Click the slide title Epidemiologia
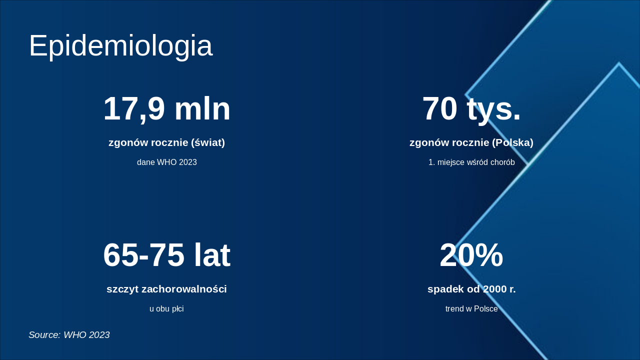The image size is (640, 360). (120, 46)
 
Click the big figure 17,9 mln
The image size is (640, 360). (166, 108)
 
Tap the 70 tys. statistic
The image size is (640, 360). (471, 108)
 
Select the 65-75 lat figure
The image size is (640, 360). (166, 255)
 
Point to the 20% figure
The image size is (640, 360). (471, 255)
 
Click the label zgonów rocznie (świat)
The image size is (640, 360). (166, 142)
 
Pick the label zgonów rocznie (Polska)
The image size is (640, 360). (471, 142)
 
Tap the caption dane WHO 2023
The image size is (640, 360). (166, 162)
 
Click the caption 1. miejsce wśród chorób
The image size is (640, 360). (471, 162)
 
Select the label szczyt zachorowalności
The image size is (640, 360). (166, 289)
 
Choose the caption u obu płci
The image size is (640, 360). (166, 309)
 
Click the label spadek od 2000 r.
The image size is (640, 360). (471, 289)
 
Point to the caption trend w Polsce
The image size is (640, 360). (471, 309)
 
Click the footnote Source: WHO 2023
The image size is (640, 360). (69, 335)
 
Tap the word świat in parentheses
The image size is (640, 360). (208, 142)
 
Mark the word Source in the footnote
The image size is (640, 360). (44, 335)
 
